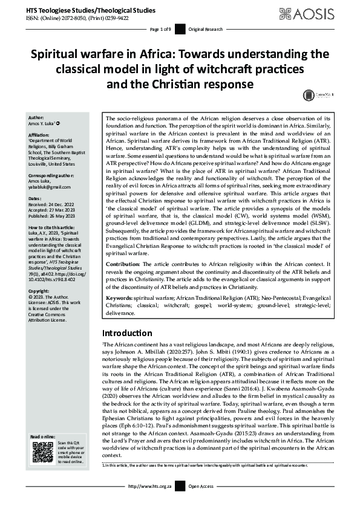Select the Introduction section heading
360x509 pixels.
(x=126, y=333)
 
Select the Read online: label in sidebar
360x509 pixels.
(x=42, y=436)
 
